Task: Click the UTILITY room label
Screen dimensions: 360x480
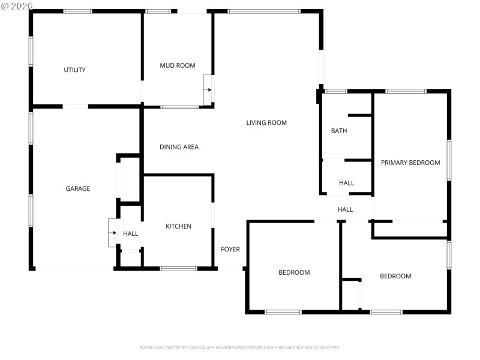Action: point(74,70)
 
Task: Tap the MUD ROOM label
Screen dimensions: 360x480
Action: point(177,65)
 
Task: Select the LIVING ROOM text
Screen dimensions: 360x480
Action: point(266,123)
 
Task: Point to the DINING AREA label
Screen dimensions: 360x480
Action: point(179,147)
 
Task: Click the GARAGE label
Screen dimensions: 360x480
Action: point(77,188)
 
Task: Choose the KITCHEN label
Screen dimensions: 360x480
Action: point(178,226)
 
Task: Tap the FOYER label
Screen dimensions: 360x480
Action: point(230,250)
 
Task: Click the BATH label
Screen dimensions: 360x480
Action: point(339,131)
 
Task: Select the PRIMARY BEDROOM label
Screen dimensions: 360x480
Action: point(410,163)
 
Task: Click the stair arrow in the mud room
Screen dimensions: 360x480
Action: point(208,90)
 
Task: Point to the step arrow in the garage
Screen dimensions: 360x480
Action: point(113,233)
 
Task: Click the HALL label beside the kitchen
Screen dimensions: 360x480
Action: point(130,233)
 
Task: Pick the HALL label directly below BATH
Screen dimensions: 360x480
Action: point(346,183)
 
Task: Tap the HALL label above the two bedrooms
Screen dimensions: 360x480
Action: point(345,209)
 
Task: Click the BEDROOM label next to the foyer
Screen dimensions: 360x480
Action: point(294,272)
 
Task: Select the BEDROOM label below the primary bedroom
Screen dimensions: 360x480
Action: point(395,276)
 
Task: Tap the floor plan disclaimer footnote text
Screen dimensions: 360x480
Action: point(239,347)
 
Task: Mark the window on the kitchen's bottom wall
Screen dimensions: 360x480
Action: point(178,268)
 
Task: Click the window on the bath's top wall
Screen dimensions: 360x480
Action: point(336,91)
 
